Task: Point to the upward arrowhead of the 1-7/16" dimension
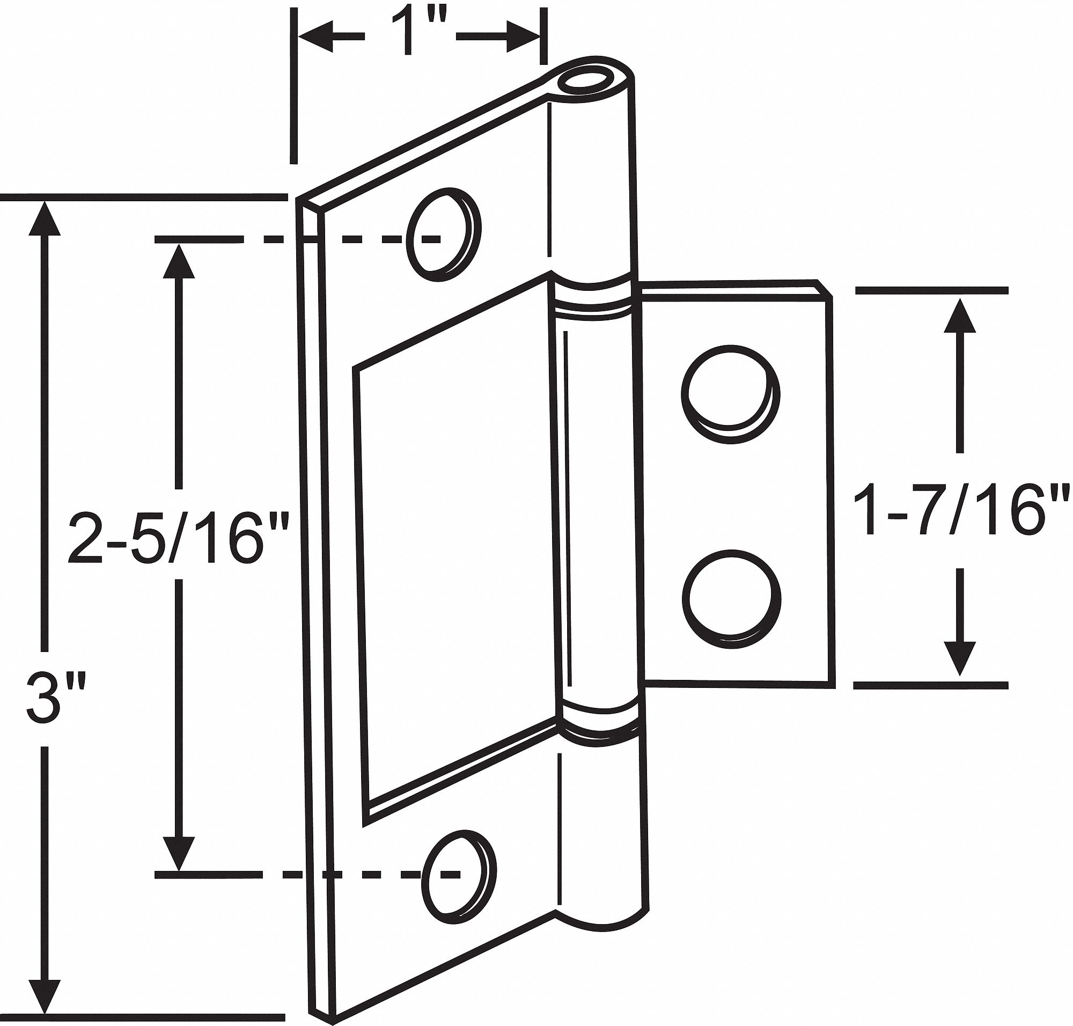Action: pyautogui.click(x=960, y=316)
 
